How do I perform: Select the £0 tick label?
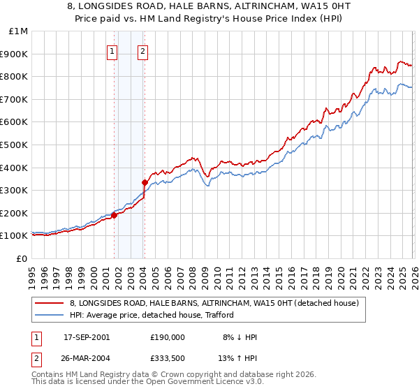tap(22, 258)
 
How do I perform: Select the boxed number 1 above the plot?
tap(112, 50)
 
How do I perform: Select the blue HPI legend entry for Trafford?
tap(154, 316)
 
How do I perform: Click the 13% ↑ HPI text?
tap(236, 355)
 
